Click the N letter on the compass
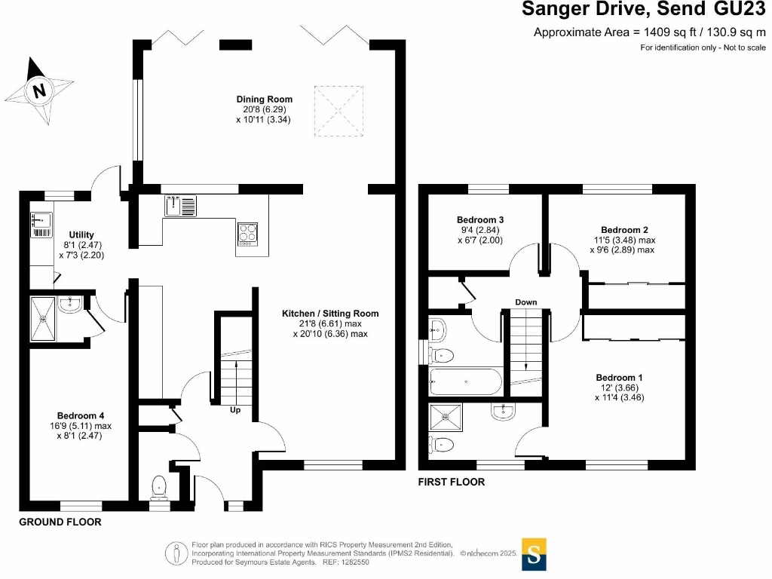39,91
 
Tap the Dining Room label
264,99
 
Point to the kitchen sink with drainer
181,206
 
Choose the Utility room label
81,234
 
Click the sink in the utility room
40,221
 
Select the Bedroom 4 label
81,415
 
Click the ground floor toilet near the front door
159,488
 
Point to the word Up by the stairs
236,411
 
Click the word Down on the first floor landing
525,302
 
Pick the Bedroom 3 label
480,220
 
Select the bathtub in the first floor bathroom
465,381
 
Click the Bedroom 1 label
619,378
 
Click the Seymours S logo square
534,555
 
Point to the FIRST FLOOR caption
452,482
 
